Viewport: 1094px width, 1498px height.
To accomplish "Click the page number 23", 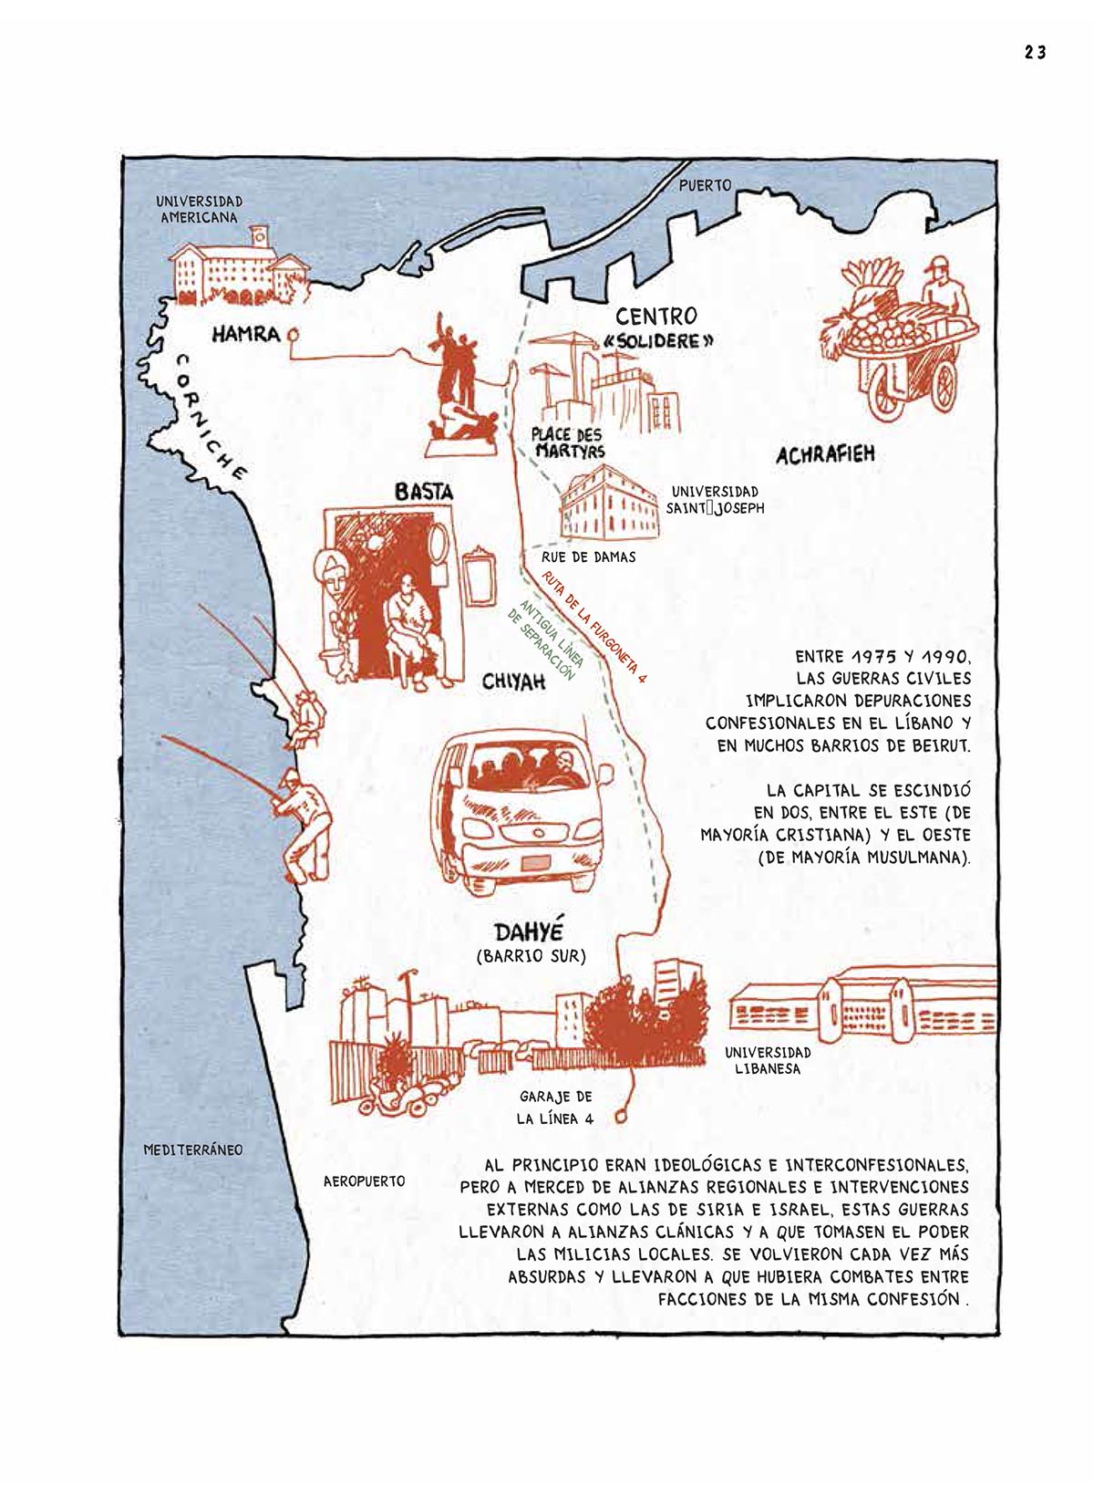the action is click(x=1035, y=53).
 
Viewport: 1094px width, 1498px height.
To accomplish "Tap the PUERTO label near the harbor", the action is click(x=705, y=186).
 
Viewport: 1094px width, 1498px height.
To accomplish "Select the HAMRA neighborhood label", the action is click(x=246, y=334).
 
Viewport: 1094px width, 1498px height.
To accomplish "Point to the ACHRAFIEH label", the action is click(x=825, y=455).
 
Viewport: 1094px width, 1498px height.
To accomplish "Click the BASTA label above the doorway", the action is click(x=424, y=493).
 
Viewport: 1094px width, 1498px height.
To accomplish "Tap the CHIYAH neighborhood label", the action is click(x=513, y=682).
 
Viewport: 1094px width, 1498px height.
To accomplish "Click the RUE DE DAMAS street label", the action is click(x=588, y=557).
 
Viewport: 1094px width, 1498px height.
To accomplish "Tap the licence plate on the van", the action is click(x=535, y=862).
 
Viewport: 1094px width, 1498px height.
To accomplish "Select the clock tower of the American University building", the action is click(x=259, y=237).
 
